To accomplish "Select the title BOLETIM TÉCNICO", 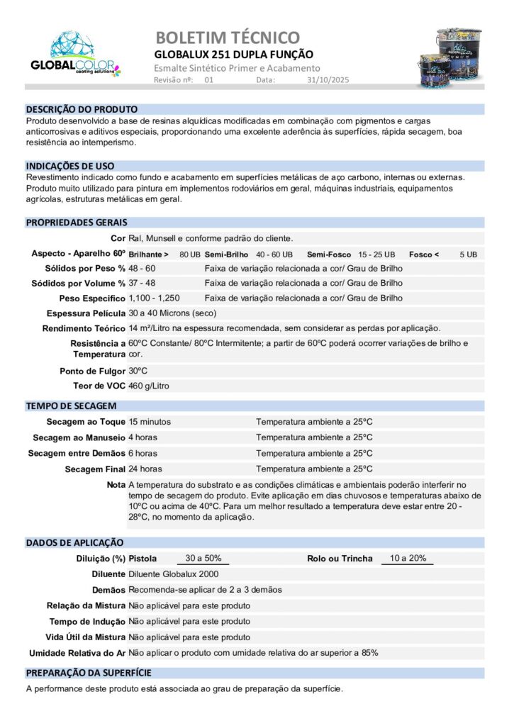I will pyautogui.click(x=227, y=37).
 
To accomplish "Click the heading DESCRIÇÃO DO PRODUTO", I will pyautogui.click(x=82, y=109).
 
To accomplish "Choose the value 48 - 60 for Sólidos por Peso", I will pyautogui.click(x=142, y=269).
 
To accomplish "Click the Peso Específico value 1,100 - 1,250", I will pyautogui.click(x=154, y=298).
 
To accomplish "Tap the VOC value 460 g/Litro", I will pyautogui.click(x=149, y=386).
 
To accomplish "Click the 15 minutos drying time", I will pyautogui.click(x=150, y=422).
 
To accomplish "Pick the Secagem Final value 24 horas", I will pyautogui.click(x=145, y=469).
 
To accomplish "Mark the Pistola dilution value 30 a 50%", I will pyautogui.click(x=203, y=558).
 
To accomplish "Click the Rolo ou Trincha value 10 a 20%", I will pyautogui.click(x=408, y=558).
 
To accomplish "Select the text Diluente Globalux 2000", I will pyautogui.click(x=173, y=574).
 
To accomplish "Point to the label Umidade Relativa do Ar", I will pyautogui.click(x=77, y=652).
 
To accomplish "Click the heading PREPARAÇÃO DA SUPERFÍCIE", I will pyautogui.click(x=89, y=673).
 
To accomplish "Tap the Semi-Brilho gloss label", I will pyautogui.click(x=227, y=254).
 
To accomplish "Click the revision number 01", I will pyautogui.click(x=208, y=80).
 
